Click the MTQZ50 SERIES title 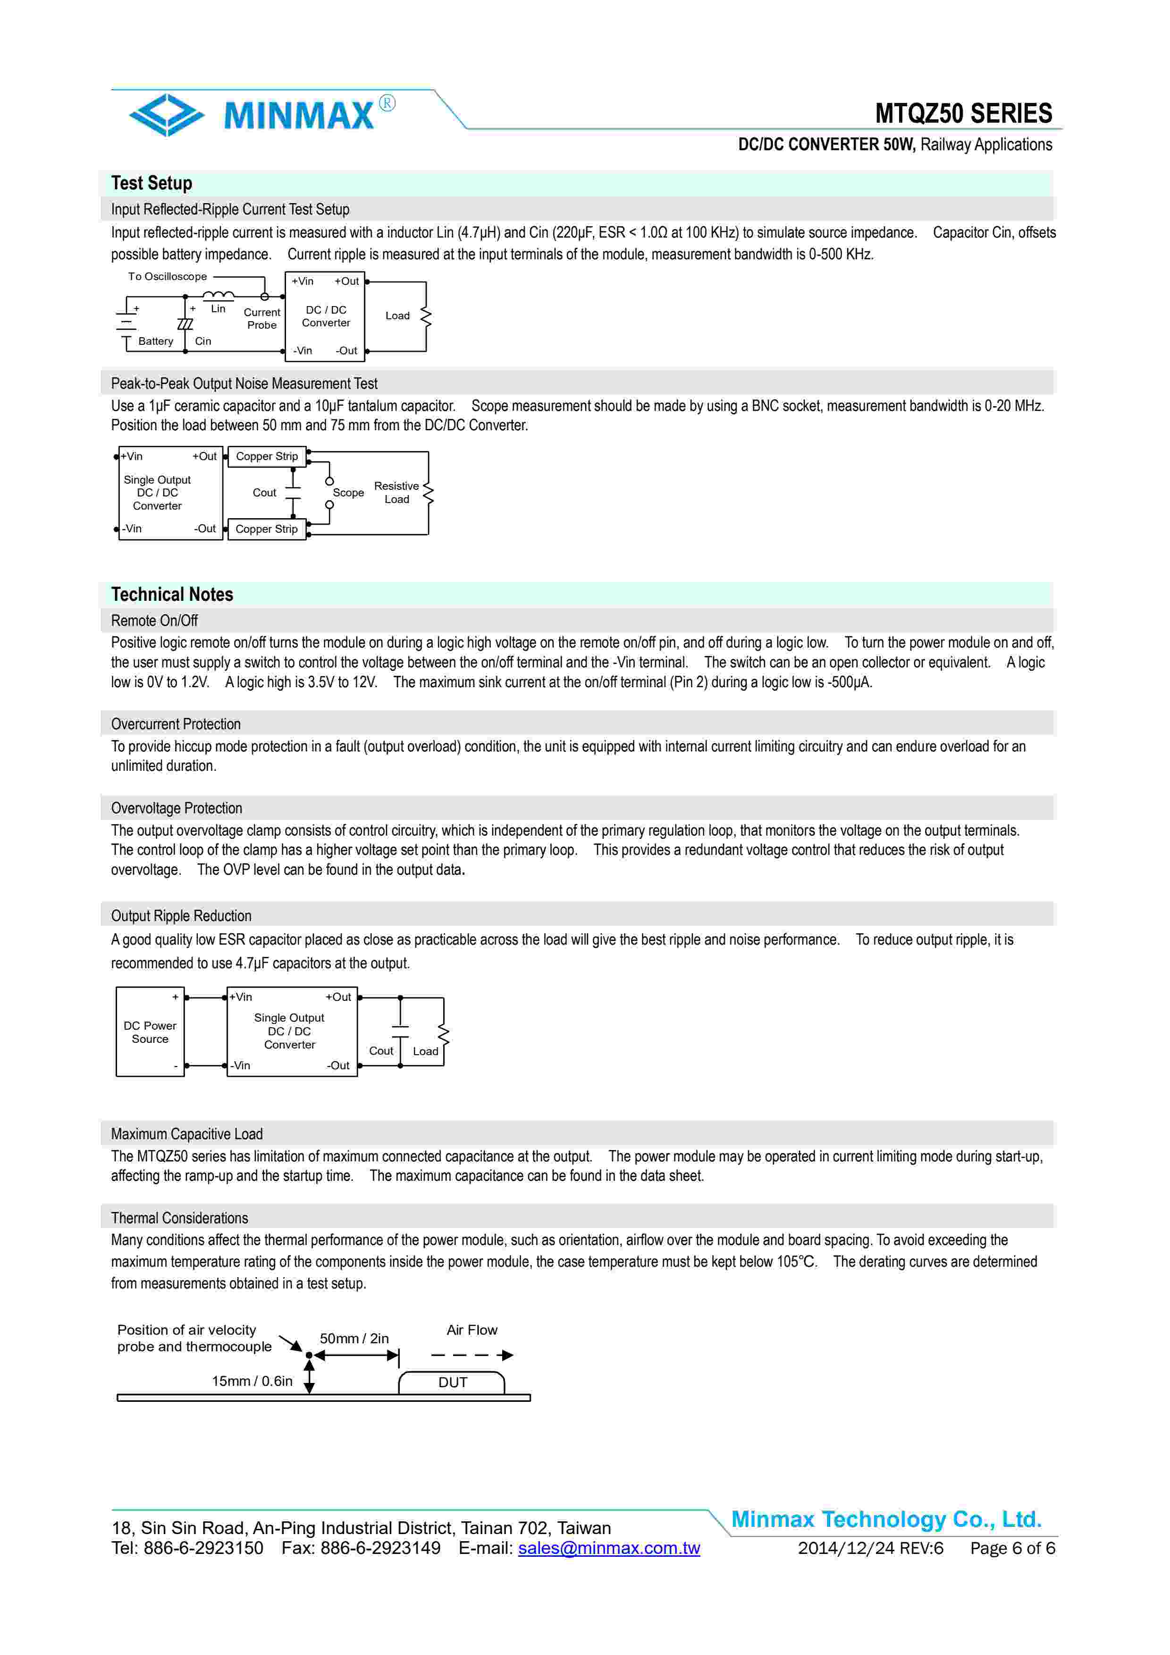click(x=963, y=114)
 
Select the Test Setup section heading click(x=152, y=183)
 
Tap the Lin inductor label click(x=219, y=308)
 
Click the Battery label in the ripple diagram click(x=156, y=341)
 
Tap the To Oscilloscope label click(x=167, y=276)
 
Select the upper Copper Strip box click(x=267, y=456)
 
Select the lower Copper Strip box click(x=267, y=529)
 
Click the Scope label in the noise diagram click(x=348, y=492)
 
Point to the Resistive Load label click(x=396, y=492)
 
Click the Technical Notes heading click(x=172, y=595)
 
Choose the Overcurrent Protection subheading click(x=176, y=724)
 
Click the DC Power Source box click(x=150, y=1032)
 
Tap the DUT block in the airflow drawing click(x=453, y=1382)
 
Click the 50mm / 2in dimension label click(x=354, y=1339)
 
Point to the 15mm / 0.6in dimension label click(x=252, y=1381)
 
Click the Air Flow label click(x=472, y=1330)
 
